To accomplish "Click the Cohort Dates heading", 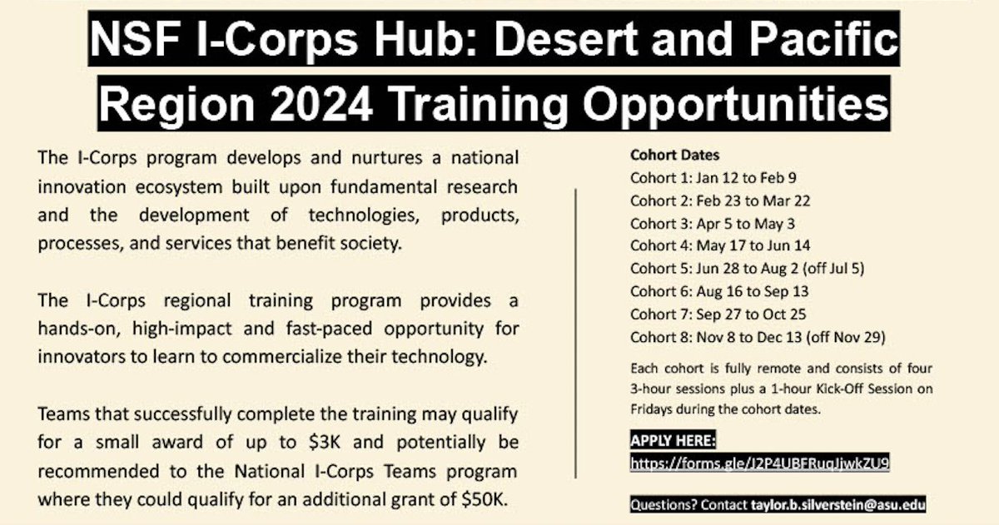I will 674,155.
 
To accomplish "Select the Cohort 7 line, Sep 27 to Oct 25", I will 718,315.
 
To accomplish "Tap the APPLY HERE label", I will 673,441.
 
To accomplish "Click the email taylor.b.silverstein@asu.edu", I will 837,504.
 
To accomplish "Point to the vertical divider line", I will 576,333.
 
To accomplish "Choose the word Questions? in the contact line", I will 664,504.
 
